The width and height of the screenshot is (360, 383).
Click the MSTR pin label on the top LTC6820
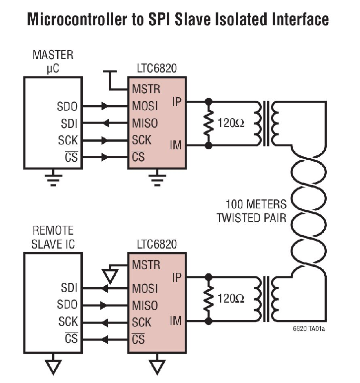146,90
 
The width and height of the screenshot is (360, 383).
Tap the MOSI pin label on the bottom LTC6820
145,288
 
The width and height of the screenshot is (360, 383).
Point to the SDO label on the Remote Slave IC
68,305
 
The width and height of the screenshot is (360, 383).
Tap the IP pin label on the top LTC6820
177,102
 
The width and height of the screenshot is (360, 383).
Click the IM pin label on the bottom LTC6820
176,321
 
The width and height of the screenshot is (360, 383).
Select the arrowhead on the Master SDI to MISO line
106,124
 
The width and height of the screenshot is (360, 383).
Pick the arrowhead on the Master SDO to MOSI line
105,107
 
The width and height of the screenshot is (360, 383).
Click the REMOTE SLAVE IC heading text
53,237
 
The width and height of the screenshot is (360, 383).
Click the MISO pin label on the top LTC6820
145,124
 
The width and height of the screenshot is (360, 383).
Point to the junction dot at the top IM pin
209,145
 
